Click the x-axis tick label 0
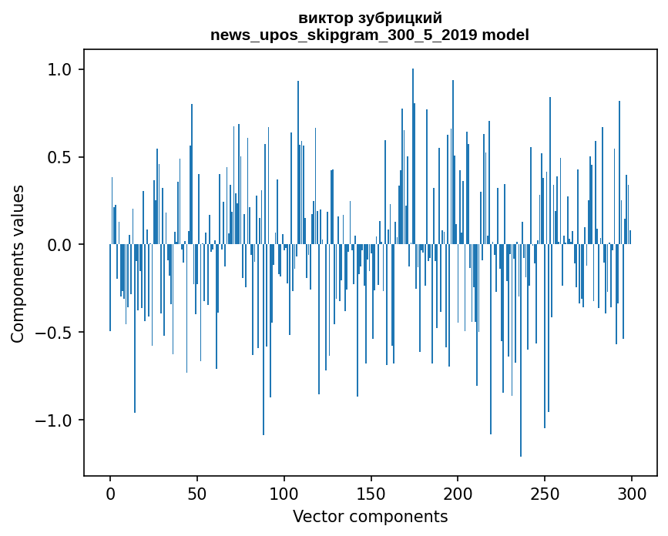[110, 494]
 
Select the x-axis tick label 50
[197, 494]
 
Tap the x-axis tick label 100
[284, 494]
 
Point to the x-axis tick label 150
[371, 494]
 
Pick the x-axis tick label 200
[458, 494]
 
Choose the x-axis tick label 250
[545, 494]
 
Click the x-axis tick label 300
[632, 494]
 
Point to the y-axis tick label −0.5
[55, 333]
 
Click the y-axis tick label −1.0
[55, 420]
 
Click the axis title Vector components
[370, 516]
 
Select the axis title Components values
[18, 263]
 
